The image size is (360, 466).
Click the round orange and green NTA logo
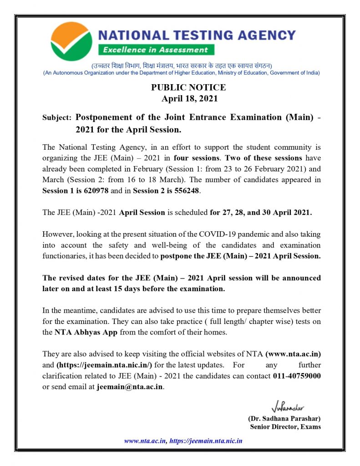[x=72, y=41]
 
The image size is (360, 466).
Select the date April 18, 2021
[x=190, y=98]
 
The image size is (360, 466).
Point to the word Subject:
[x=56, y=117]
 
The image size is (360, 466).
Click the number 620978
[x=93, y=191]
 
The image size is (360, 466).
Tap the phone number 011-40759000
[x=297, y=376]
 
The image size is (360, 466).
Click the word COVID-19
[x=215, y=234]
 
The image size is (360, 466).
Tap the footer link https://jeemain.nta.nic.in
[x=206, y=441]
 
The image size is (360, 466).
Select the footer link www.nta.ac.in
[x=145, y=441]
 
